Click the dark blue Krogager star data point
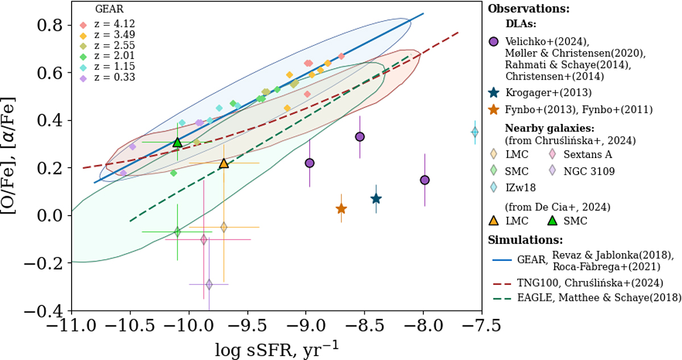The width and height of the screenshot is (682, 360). click(x=376, y=198)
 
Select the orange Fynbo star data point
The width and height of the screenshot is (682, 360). click(x=341, y=209)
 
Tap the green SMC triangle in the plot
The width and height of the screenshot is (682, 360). click(x=177, y=142)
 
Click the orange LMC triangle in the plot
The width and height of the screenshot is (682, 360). click(x=224, y=163)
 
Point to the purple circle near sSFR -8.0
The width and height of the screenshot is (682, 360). click(x=425, y=180)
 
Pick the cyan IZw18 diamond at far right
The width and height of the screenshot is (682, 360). click(x=475, y=132)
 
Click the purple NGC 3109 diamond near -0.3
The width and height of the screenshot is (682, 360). click(x=209, y=284)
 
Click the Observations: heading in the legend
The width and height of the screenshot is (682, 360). click(x=529, y=9)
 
